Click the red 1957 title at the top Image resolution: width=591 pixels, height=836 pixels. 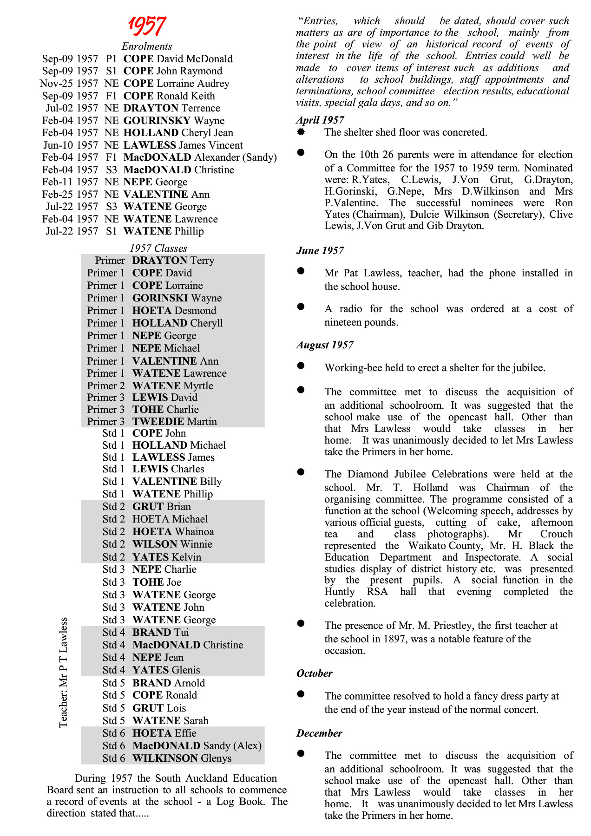[x=147, y=26]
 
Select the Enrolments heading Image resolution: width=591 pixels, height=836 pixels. [x=147, y=46]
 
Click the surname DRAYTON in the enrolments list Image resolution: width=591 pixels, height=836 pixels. [x=151, y=108]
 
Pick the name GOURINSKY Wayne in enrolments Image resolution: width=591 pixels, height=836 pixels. [x=174, y=121]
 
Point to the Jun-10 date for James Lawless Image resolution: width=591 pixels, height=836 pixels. [x=58, y=145]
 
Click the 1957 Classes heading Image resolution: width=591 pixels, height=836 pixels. [x=158, y=248]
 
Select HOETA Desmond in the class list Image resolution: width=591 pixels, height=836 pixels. [x=174, y=311]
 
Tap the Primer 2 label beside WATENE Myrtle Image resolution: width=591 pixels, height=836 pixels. [x=105, y=386]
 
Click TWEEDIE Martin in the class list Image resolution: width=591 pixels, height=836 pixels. [x=174, y=422]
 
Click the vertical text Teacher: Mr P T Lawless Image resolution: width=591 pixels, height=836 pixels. [x=64, y=673]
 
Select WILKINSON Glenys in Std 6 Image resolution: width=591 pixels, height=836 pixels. [x=182, y=758]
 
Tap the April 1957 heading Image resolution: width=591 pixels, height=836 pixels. [x=320, y=120]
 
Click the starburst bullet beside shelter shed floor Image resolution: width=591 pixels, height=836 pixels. [x=301, y=132]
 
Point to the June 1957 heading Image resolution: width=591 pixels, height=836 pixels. [x=320, y=251]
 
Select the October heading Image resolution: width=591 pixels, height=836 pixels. [x=315, y=673]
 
